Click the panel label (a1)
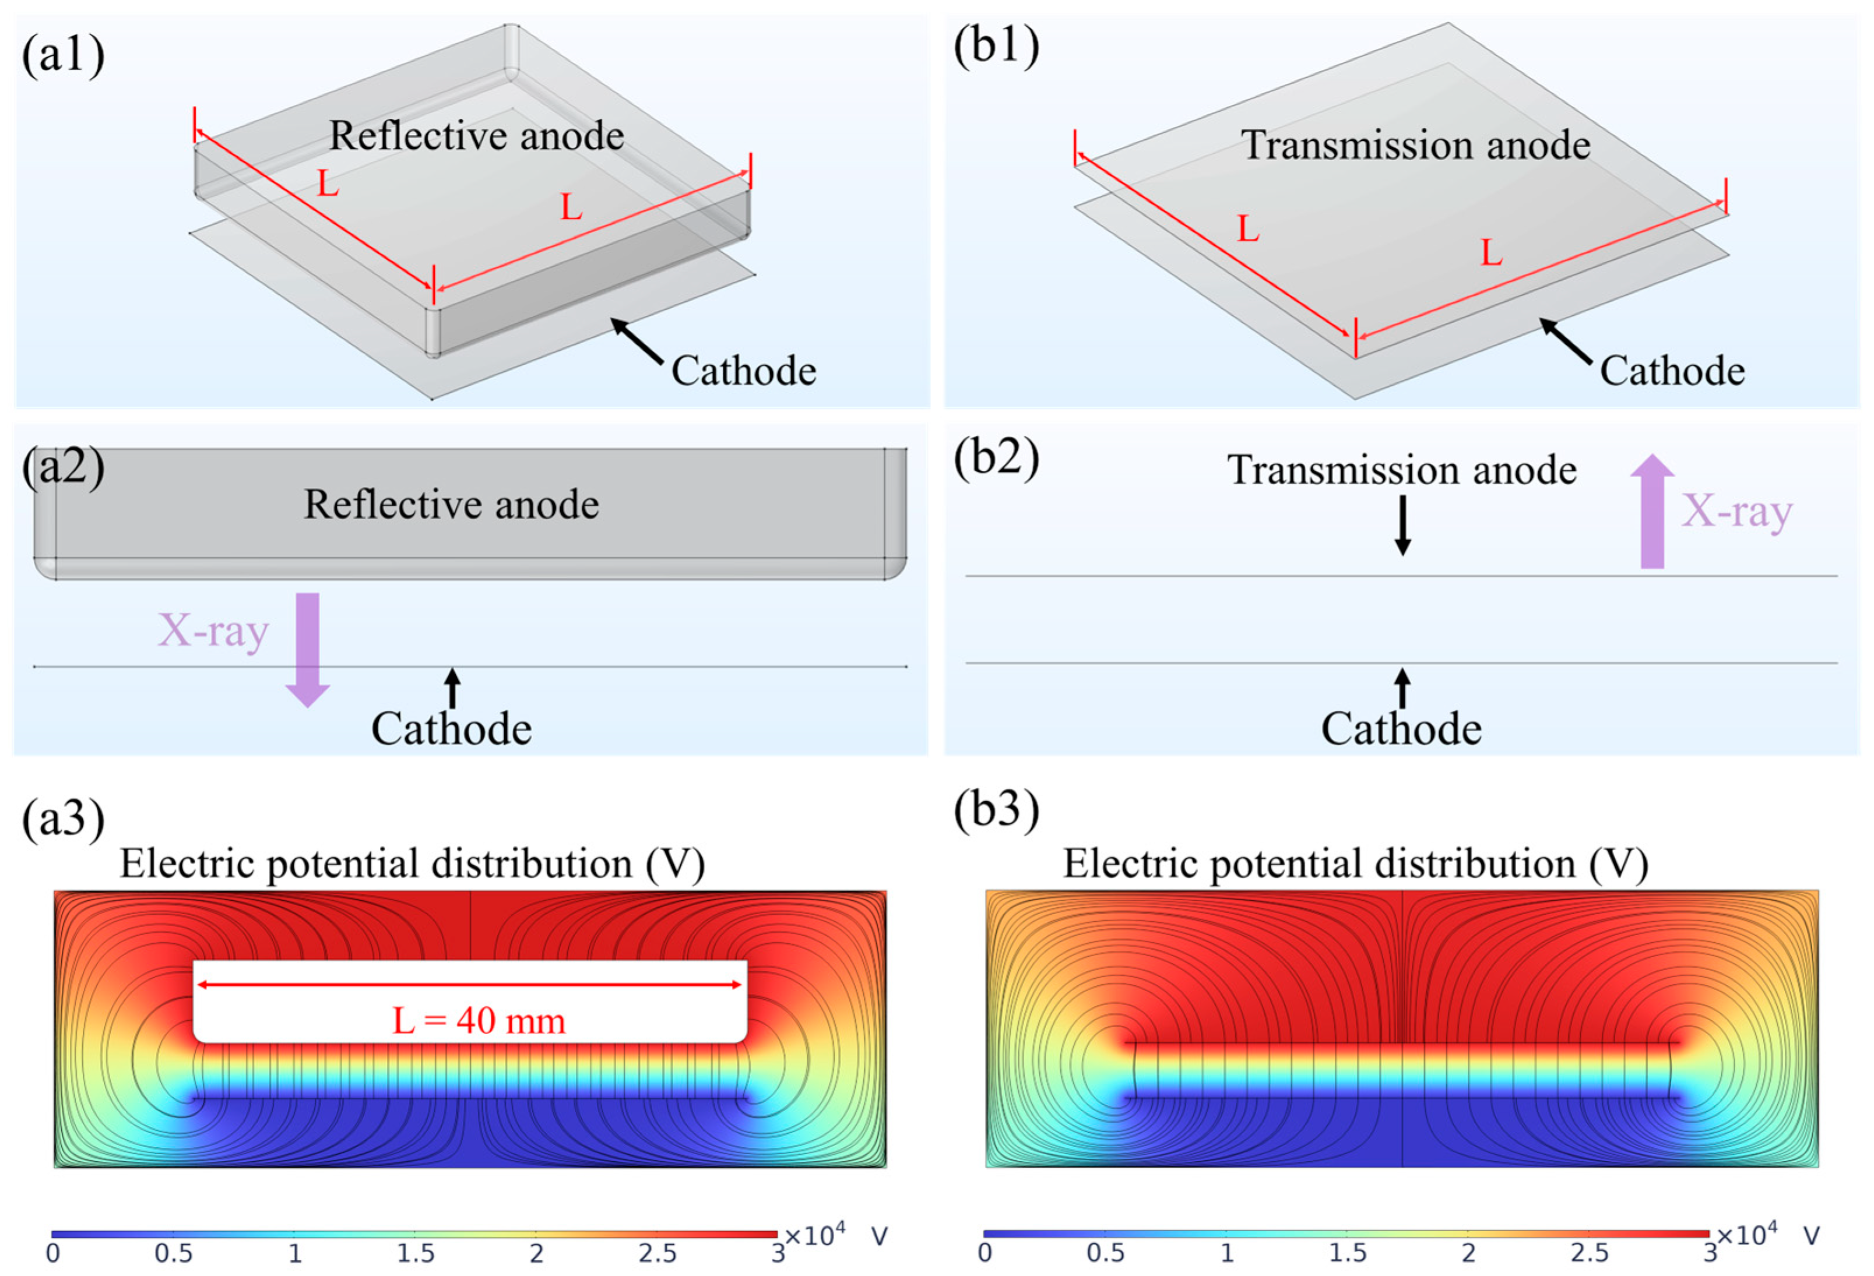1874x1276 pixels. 63,55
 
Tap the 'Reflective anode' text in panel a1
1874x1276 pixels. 476,135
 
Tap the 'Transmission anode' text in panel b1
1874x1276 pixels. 1415,145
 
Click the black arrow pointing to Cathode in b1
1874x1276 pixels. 1565,339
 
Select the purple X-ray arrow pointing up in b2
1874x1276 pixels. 1653,512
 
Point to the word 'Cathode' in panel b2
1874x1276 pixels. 1401,729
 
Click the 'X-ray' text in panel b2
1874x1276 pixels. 1736,511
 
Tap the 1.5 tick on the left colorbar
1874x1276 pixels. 414,1253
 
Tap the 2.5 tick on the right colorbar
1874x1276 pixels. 1588,1253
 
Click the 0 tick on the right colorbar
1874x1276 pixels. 985,1253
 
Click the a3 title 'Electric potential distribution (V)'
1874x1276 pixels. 412,864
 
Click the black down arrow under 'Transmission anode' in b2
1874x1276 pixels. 1402,526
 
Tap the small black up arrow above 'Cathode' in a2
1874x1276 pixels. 452,688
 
